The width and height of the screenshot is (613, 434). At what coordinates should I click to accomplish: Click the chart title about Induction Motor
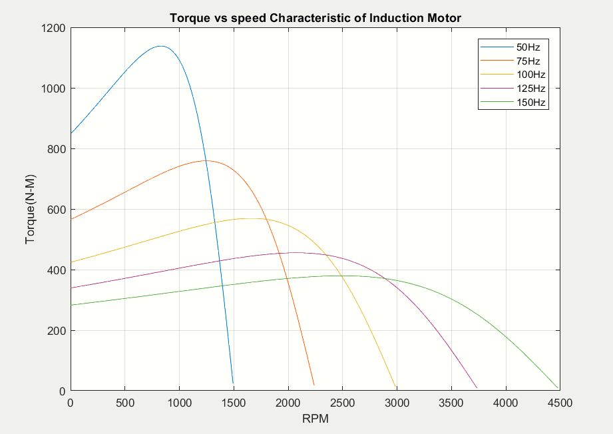(x=315, y=18)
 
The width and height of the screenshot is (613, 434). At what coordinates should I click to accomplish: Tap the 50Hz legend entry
(x=511, y=47)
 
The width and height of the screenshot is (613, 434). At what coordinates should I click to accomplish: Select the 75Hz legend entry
(x=511, y=61)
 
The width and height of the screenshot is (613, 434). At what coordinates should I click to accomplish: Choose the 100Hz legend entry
(x=513, y=75)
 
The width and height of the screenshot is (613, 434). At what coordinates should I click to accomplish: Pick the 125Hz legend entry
(x=513, y=89)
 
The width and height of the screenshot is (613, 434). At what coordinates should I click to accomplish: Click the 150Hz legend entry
(x=513, y=103)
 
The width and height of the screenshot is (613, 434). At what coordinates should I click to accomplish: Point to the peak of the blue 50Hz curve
(x=160, y=46)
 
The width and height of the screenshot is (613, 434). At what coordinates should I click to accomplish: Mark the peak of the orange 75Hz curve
(x=206, y=160)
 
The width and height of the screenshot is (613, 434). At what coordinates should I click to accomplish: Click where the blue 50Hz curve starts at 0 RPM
(x=71, y=133)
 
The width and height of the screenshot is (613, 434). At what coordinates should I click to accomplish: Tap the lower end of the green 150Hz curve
(x=558, y=388)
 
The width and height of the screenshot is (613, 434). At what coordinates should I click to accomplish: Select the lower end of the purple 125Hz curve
(x=477, y=388)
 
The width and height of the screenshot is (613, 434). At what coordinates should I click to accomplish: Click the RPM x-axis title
(x=315, y=419)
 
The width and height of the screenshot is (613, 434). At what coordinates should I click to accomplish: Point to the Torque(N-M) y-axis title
(x=30, y=209)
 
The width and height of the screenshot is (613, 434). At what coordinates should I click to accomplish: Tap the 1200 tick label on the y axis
(x=53, y=28)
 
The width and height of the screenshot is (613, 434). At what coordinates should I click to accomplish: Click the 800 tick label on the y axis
(x=56, y=149)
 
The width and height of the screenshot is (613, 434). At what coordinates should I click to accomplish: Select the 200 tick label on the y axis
(x=56, y=330)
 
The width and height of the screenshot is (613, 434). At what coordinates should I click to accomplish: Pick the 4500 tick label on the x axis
(x=560, y=403)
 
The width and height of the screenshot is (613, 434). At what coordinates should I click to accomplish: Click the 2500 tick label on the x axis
(x=343, y=403)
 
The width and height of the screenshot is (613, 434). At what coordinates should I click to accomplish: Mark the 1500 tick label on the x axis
(x=234, y=403)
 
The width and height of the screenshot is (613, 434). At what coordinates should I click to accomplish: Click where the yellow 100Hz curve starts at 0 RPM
(x=71, y=262)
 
